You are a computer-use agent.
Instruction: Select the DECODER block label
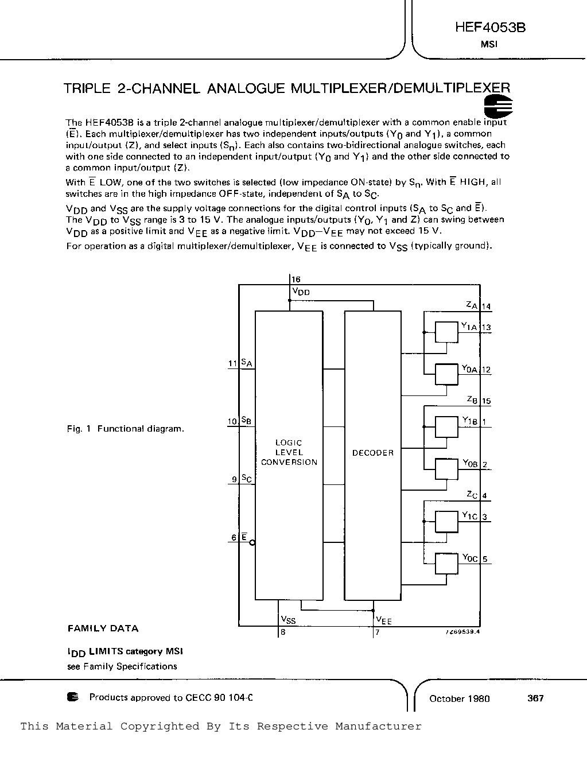point(373,453)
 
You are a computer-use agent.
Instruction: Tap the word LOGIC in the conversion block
point(289,442)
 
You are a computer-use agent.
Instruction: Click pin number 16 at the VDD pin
point(296,279)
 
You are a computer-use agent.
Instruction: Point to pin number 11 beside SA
point(232,363)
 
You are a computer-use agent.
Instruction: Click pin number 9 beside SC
point(234,479)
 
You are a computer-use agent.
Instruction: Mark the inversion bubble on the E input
point(252,542)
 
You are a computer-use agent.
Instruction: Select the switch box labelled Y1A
point(446,332)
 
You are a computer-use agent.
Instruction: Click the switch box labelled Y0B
point(446,469)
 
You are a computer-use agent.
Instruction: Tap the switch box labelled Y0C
point(446,564)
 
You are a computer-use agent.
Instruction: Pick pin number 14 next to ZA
point(486,306)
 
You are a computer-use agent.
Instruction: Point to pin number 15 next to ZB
point(486,401)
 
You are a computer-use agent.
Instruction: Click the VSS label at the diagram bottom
point(288,620)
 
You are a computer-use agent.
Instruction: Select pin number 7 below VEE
point(377,633)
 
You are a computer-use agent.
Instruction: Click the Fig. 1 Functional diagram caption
point(125,429)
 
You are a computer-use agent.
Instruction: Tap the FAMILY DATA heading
point(103,628)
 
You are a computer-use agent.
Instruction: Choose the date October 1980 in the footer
point(459,698)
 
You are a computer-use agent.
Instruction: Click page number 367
point(535,698)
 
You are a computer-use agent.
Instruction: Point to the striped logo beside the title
point(497,107)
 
